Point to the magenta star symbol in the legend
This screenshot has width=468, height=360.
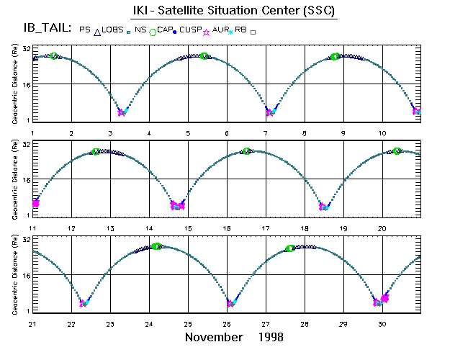pyautogui.click(x=207, y=32)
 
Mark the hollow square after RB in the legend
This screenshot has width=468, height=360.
pyautogui.click(x=253, y=32)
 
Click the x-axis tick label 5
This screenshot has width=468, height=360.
pyautogui.click(x=188, y=133)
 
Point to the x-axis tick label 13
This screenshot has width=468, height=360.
pyautogui.click(x=110, y=228)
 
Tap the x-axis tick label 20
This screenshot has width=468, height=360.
pyautogui.click(x=382, y=228)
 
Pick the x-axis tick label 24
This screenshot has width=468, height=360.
pyautogui.click(x=149, y=324)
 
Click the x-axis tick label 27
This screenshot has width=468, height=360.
pyautogui.click(x=266, y=324)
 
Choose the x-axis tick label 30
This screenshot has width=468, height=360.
pyautogui.click(x=382, y=324)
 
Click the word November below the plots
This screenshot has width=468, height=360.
pyautogui.click(x=215, y=337)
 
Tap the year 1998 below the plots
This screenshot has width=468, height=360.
pyautogui.click(x=270, y=337)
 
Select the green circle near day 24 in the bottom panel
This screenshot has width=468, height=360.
pyautogui.click(x=156, y=246)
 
